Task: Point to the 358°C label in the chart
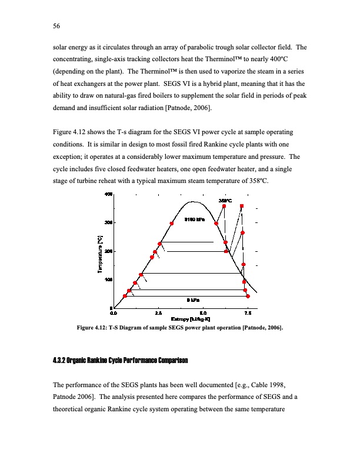point(226,200)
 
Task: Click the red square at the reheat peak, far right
point(242,206)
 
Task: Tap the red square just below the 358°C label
point(224,206)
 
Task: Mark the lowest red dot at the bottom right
point(248,297)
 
